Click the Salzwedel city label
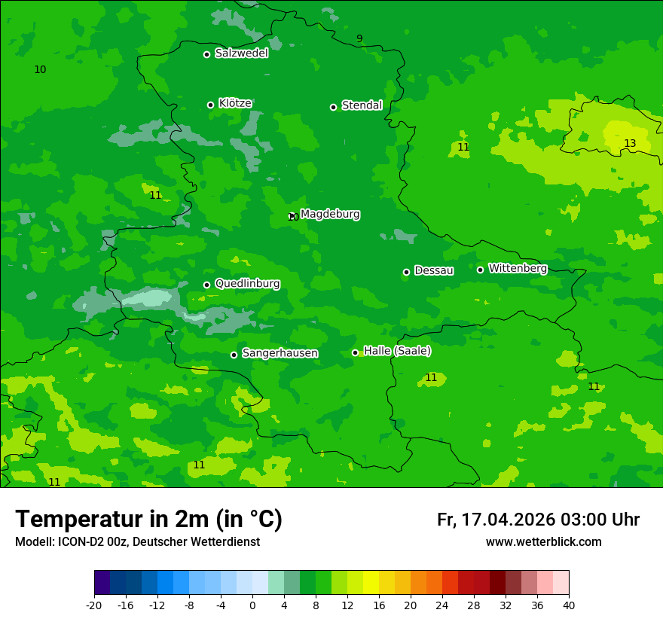tap(241, 53)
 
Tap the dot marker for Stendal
tap(333, 107)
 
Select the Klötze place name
tap(235, 103)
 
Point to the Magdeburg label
tap(330, 215)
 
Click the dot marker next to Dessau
tap(406, 272)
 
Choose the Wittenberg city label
tap(518, 268)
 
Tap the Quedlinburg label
tap(247, 284)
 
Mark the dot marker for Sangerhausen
tap(234, 355)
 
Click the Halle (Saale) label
tap(397, 351)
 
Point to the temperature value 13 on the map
tap(630, 144)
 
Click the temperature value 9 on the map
tap(359, 39)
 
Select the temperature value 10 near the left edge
tap(40, 70)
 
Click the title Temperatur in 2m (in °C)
tap(148, 520)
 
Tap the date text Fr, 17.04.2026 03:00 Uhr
tap(538, 520)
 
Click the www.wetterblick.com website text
tap(543, 542)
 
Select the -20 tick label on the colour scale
tap(94, 605)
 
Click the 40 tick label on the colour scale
tap(568, 605)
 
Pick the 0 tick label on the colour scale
tap(252, 605)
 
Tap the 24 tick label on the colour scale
tap(441, 605)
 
